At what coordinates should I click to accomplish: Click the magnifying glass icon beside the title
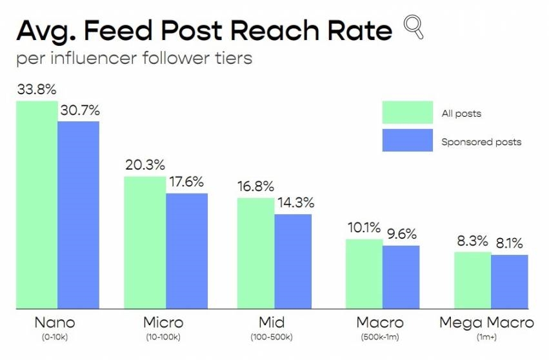(414, 28)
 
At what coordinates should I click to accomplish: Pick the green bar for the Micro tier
(145, 243)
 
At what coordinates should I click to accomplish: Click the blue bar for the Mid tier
(293, 261)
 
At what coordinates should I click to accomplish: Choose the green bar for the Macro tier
(364, 274)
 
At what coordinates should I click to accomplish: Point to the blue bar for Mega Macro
(509, 282)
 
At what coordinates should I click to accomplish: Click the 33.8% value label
(36, 90)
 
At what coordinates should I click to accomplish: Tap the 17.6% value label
(186, 183)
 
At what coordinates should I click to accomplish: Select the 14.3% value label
(295, 203)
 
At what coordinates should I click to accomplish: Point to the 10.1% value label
(363, 228)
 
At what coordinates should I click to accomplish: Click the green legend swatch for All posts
(407, 113)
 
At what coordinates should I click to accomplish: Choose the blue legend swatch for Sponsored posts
(407, 141)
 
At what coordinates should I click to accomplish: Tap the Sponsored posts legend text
(481, 142)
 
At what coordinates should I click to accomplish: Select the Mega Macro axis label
(486, 322)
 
